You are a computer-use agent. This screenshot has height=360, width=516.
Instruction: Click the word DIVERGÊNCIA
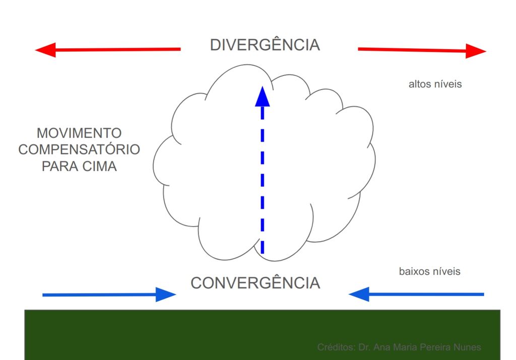265,45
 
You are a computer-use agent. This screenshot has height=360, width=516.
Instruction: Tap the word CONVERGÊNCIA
255,283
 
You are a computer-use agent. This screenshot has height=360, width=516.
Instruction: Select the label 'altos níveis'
435,84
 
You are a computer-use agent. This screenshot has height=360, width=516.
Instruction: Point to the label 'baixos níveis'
429,271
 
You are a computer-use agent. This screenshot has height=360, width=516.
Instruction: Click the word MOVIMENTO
79,133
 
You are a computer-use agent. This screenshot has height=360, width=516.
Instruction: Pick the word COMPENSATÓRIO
79,150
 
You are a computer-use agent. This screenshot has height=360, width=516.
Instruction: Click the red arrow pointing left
108,49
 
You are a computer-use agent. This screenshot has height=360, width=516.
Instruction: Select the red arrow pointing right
421,50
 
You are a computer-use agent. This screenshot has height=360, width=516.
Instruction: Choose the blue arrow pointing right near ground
108,295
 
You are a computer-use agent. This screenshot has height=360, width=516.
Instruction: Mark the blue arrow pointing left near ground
416,294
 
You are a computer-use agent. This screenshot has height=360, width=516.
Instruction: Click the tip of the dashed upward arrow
262,89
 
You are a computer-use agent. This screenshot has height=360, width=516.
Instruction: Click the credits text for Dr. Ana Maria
399,347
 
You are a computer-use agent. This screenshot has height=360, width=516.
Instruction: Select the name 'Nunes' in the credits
468,347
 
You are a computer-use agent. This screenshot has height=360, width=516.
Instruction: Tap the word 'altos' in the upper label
420,84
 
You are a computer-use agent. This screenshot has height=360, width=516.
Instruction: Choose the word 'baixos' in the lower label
414,271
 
